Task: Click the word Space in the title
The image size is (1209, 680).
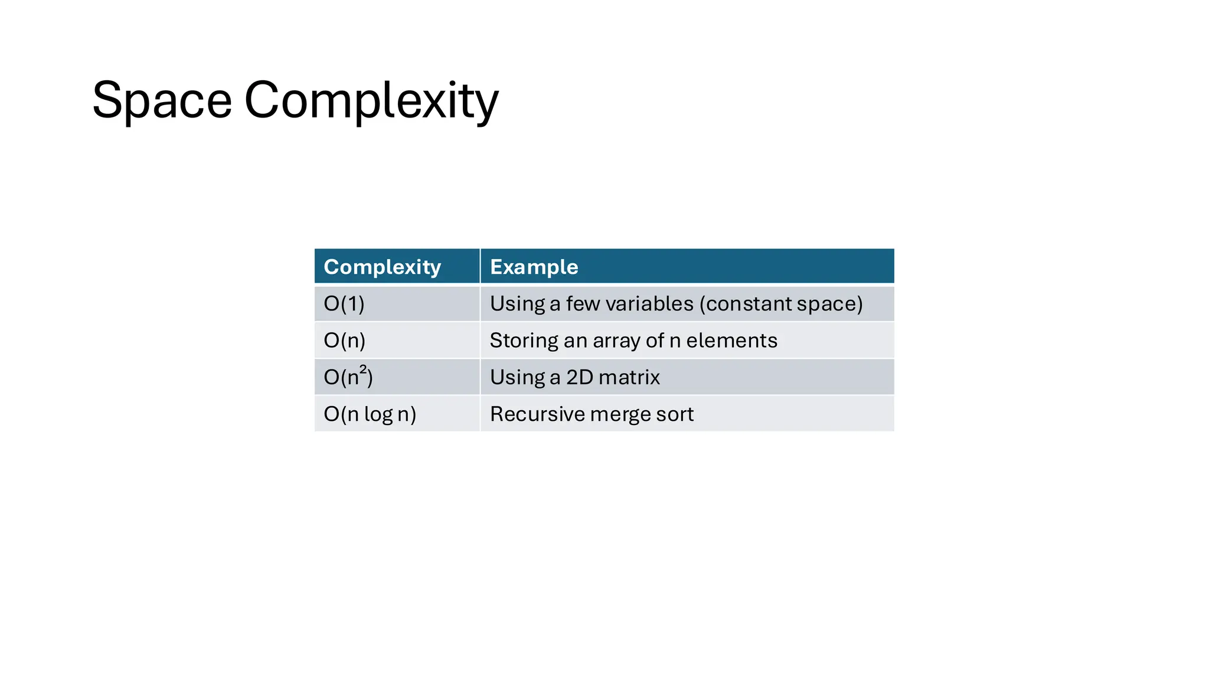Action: coord(162,100)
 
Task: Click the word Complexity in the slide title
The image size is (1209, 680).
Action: coord(371,100)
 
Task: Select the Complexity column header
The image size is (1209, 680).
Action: coord(382,267)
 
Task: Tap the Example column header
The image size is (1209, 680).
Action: coord(534,267)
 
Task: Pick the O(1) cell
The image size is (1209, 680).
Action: coord(344,304)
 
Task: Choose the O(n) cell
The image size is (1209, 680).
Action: coord(345,341)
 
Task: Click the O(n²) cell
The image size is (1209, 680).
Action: coord(348,377)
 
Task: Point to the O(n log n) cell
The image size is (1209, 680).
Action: coord(370,414)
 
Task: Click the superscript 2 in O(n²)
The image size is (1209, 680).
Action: coord(363,370)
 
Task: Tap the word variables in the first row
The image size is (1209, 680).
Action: coord(649,304)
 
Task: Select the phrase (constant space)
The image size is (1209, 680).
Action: coord(781,304)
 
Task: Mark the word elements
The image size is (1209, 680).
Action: coord(731,341)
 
